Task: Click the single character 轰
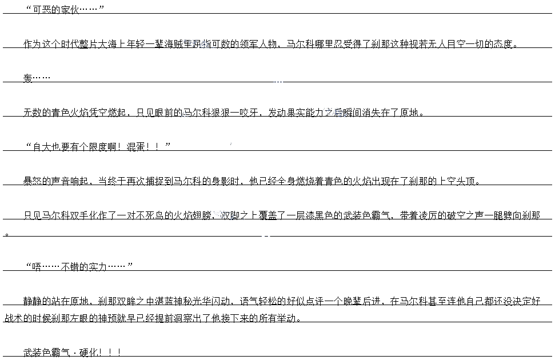tap(28, 78)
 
